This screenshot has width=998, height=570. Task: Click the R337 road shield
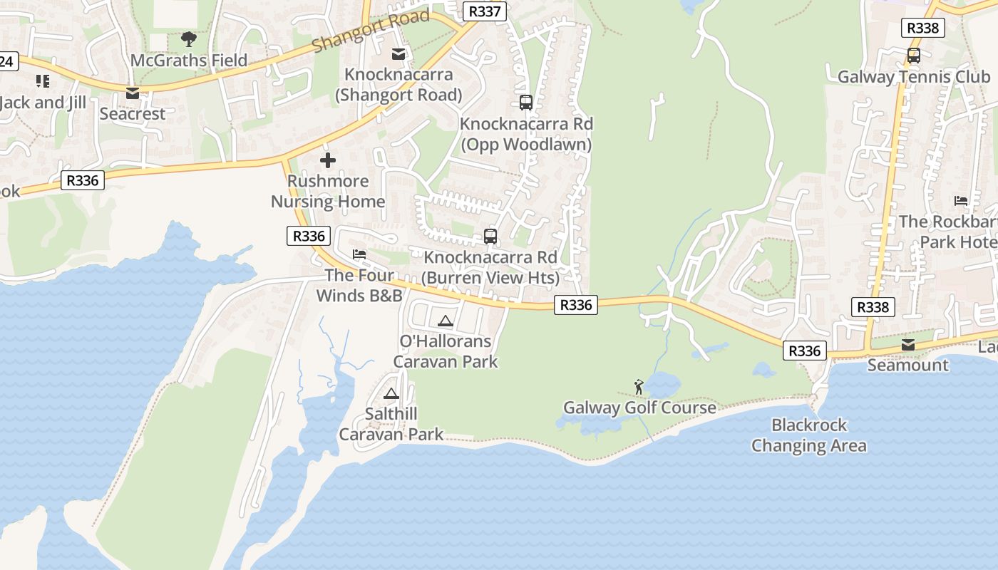pyautogui.click(x=485, y=11)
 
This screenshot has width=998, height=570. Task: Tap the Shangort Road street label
pyautogui.click(x=371, y=31)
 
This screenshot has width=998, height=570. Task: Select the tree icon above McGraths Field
pyautogui.click(x=189, y=38)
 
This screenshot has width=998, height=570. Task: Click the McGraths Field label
pyautogui.click(x=189, y=61)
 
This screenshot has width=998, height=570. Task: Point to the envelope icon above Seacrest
pyautogui.click(x=132, y=93)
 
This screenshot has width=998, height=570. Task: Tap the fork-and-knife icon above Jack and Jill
pyautogui.click(x=42, y=81)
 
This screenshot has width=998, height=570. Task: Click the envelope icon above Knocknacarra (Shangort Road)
pyautogui.click(x=398, y=53)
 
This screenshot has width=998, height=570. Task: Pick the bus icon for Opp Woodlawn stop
pyautogui.click(x=526, y=102)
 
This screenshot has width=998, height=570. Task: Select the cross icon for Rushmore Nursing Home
pyautogui.click(x=328, y=160)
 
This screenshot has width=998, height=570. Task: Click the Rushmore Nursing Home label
pyautogui.click(x=328, y=191)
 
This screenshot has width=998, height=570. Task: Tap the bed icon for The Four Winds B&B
pyautogui.click(x=359, y=254)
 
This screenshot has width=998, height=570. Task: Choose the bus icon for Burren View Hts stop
pyautogui.click(x=490, y=236)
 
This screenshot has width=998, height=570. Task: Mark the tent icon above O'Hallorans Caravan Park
pyautogui.click(x=446, y=321)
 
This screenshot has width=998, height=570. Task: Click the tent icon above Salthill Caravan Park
pyautogui.click(x=391, y=393)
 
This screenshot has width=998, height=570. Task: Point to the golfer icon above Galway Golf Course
pyautogui.click(x=639, y=387)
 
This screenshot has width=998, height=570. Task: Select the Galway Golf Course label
pyautogui.click(x=639, y=408)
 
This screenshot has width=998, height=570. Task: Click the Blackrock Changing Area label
pyautogui.click(x=809, y=435)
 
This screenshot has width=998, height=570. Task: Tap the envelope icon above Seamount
pyautogui.click(x=908, y=345)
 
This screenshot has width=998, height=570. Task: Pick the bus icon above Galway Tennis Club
pyautogui.click(x=914, y=55)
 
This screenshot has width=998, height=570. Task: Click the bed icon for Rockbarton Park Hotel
pyautogui.click(x=961, y=201)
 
